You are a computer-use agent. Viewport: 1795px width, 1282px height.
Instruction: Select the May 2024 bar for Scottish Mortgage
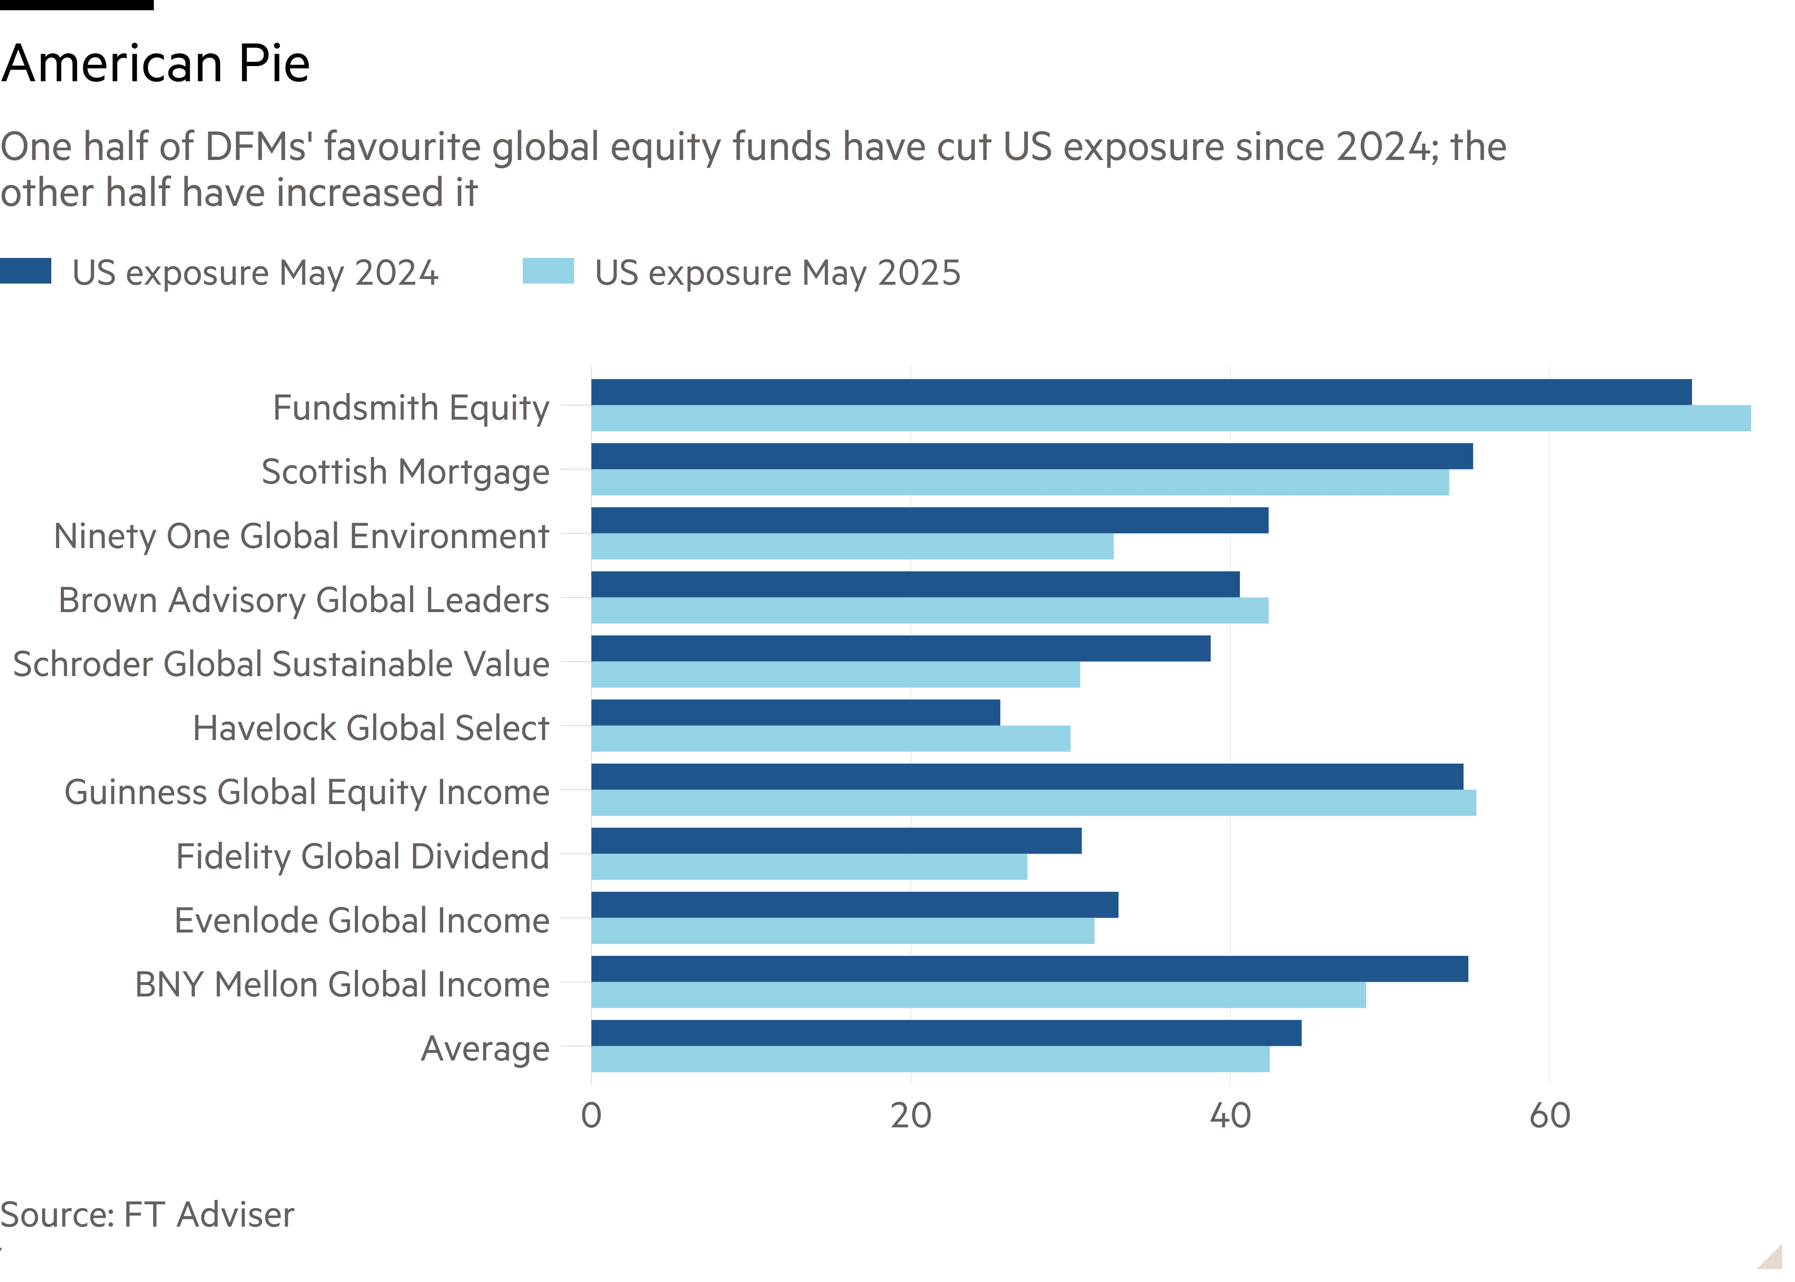tap(1031, 456)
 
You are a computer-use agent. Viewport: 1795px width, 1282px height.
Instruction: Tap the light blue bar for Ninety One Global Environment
tap(852, 546)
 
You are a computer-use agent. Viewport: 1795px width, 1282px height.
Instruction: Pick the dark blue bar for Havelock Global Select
tap(795, 712)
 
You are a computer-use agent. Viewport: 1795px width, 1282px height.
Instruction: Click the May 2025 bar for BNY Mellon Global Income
tap(978, 995)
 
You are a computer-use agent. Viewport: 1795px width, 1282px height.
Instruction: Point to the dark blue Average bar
tap(946, 1033)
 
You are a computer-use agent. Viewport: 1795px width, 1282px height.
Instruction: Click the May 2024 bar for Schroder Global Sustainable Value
tap(900, 648)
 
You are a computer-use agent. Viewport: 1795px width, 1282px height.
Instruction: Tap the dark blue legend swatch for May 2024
tap(25, 271)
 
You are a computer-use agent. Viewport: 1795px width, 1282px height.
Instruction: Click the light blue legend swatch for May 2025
tap(548, 271)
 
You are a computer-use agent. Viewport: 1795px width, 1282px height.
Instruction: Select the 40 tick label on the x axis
tap(1230, 1115)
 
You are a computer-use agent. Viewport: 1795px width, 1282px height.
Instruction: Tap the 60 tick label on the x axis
tap(1550, 1115)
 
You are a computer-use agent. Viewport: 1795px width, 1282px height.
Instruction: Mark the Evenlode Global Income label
tap(361, 921)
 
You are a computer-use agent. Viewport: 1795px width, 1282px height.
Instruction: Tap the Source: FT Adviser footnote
tap(147, 1214)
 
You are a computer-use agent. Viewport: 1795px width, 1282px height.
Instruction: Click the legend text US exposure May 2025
tap(777, 273)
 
